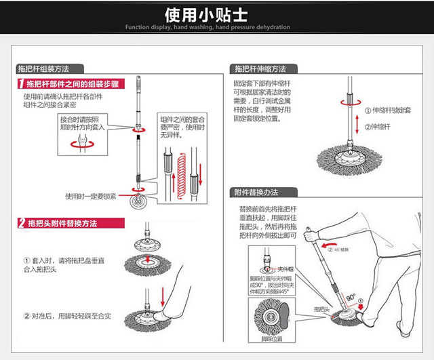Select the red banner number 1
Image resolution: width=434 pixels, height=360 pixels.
click(20, 85)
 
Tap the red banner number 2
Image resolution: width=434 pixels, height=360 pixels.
click(21, 223)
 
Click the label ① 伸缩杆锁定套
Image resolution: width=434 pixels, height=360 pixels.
click(391, 110)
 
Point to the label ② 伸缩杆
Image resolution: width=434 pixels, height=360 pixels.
click(380, 126)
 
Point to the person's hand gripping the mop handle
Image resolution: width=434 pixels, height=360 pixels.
click(312, 235)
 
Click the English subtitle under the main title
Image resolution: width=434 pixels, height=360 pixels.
click(217, 27)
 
